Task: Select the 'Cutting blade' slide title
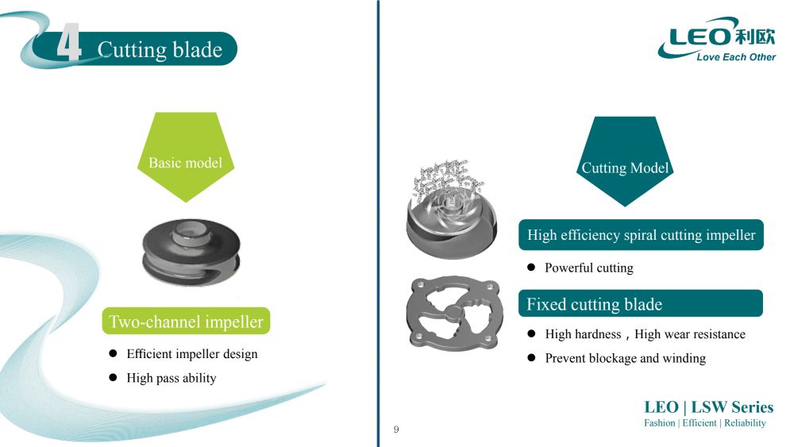click(160, 50)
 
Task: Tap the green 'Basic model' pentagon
click(185, 159)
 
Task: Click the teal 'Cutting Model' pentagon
click(625, 163)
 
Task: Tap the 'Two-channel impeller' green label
click(186, 322)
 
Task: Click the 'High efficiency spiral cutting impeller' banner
click(641, 235)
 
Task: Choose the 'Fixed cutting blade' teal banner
click(641, 304)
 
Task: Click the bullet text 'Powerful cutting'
click(588, 268)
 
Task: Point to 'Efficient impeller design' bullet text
click(192, 354)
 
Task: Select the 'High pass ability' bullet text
click(172, 378)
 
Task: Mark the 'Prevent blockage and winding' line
click(625, 358)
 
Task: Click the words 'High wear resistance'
click(690, 334)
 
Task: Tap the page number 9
click(396, 430)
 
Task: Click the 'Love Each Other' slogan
click(735, 57)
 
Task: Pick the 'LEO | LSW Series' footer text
click(708, 407)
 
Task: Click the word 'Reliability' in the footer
click(745, 423)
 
